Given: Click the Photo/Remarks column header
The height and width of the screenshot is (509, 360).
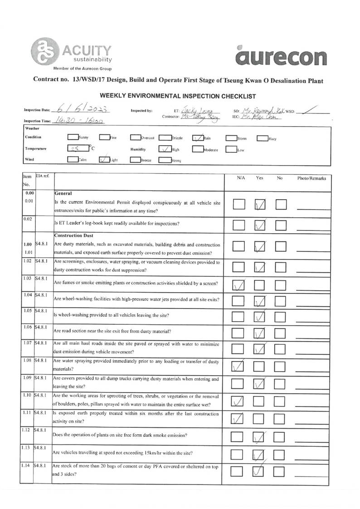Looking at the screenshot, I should pos(311,178).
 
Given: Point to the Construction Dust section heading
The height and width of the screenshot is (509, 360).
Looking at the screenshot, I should pos(74,235).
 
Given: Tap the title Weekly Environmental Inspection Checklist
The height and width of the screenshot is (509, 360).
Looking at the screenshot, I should pos(178,96).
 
